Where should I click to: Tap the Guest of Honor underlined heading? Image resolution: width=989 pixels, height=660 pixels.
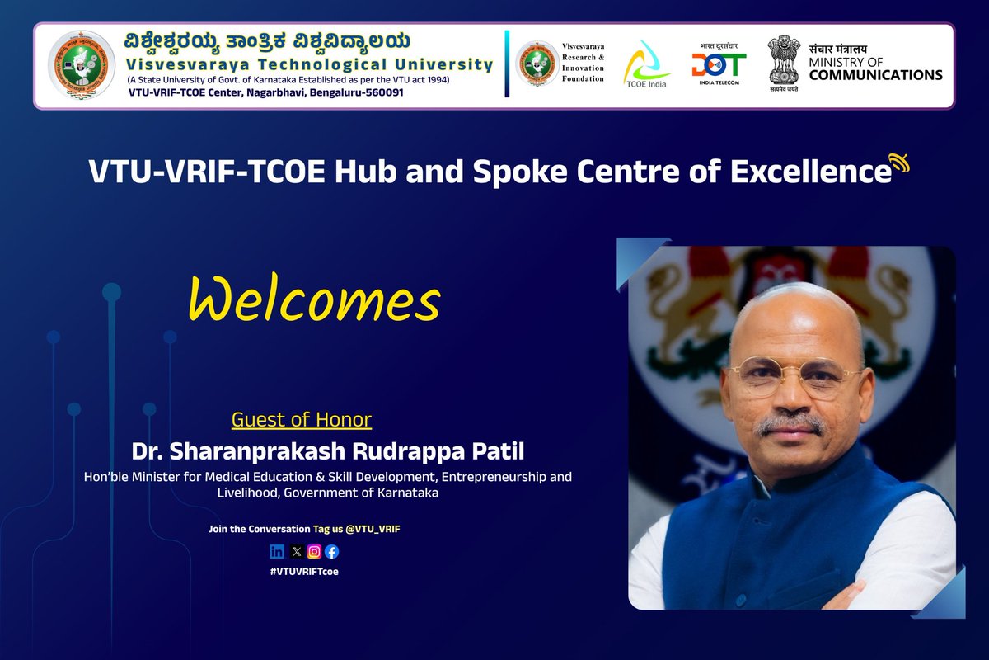(x=302, y=420)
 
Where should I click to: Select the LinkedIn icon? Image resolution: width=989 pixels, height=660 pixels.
(x=277, y=552)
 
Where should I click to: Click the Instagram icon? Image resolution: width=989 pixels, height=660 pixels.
(x=314, y=552)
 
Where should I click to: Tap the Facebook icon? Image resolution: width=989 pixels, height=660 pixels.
(x=331, y=552)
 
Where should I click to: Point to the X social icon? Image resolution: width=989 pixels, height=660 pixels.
(x=296, y=552)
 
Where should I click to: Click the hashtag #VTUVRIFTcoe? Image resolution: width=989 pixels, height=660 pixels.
(x=304, y=571)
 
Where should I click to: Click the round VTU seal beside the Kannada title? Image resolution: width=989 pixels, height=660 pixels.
(x=81, y=65)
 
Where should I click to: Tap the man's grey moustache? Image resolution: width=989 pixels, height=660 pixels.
(x=790, y=422)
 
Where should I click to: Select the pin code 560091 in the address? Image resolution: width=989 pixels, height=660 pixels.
(x=380, y=92)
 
